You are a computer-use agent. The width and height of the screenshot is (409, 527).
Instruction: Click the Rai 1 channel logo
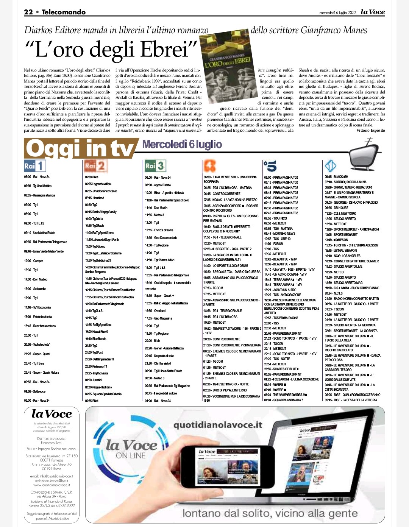(35, 166)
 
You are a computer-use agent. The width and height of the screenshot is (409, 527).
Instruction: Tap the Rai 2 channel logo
(95, 166)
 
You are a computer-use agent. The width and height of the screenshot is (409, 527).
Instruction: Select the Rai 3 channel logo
(155, 166)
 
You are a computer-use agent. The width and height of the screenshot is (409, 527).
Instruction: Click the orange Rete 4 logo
(210, 166)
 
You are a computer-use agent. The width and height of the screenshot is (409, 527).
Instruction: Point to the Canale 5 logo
(270, 166)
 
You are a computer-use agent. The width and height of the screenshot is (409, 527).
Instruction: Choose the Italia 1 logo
(331, 166)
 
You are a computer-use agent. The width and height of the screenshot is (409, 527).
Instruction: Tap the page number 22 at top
(28, 12)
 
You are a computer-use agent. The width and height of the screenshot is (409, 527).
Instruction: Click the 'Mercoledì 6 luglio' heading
(182, 144)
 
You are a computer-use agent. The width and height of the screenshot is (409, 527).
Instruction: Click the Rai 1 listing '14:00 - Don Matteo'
(36, 279)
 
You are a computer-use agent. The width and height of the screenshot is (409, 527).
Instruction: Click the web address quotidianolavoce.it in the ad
(218, 425)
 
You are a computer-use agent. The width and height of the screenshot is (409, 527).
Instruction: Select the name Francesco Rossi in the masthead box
(52, 443)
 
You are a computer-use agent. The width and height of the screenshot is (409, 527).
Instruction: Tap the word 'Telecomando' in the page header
(64, 12)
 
